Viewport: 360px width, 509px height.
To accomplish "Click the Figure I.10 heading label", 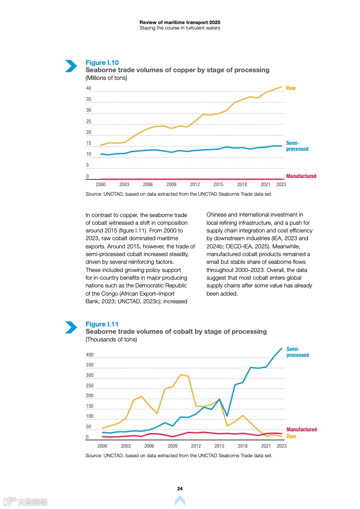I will click(x=102, y=63).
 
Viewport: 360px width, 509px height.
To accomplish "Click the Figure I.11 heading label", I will click(x=102, y=324).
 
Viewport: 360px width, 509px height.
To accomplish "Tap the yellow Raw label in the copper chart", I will click(x=291, y=88).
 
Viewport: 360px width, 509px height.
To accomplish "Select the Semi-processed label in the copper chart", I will click(x=297, y=146).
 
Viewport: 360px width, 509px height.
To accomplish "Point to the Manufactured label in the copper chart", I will click(x=301, y=176).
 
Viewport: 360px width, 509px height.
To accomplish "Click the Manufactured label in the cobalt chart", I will click(x=301, y=430).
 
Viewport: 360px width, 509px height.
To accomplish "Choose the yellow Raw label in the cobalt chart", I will click(x=291, y=436).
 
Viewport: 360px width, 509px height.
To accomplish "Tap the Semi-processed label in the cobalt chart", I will click(x=297, y=352).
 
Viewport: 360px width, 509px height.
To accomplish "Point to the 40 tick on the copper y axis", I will click(x=89, y=89).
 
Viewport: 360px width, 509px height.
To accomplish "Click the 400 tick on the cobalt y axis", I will click(x=89, y=355).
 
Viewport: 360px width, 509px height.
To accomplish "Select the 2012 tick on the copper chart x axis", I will click(x=195, y=185).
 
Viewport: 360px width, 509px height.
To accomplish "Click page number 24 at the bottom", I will click(x=180, y=489).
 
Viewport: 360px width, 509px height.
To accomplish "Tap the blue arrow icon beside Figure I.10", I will click(x=71, y=66).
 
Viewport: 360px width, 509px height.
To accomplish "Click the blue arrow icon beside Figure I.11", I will click(x=71, y=327).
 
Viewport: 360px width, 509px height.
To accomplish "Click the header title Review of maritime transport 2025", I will click(x=180, y=22).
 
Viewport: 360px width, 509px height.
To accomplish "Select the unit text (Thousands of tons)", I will click(x=111, y=339).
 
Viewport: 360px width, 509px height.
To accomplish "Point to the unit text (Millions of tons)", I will click(x=106, y=78).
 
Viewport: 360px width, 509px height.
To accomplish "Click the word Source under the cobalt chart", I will click(x=94, y=455).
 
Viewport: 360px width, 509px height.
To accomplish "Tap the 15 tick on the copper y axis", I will click(x=89, y=143).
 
